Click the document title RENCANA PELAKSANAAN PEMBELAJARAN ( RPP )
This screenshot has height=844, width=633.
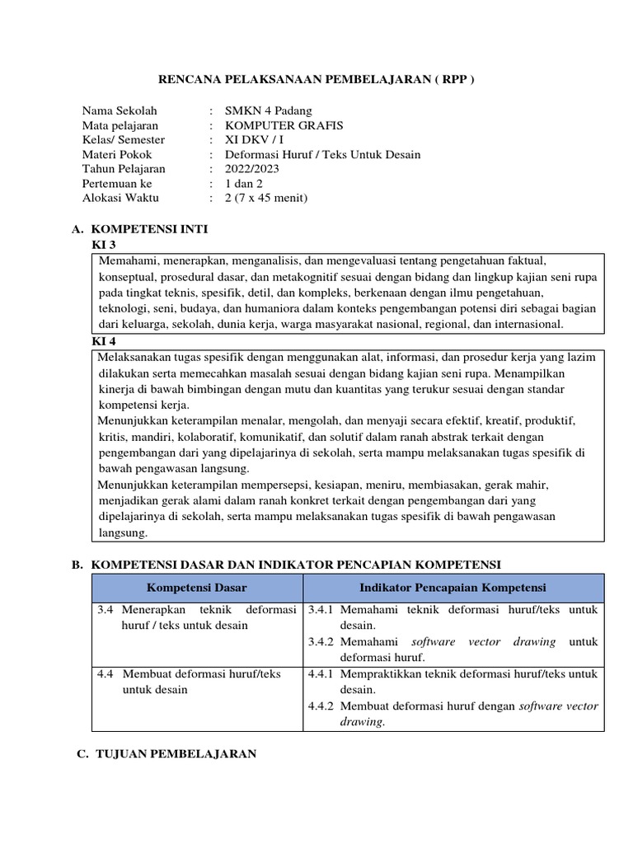(x=316, y=79)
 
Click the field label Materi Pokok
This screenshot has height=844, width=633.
(x=117, y=154)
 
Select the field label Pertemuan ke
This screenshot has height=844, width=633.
(x=117, y=183)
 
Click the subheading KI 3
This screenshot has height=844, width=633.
(x=103, y=245)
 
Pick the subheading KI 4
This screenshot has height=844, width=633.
(x=103, y=340)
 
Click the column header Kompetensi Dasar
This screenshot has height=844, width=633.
(x=196, y=588)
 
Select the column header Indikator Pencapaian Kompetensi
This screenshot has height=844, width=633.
(x=452, y=588)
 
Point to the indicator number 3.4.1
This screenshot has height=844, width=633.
(x=321, y=610)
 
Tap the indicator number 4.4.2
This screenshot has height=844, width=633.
(x=321, y=706)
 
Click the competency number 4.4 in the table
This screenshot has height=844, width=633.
(x=105, y=673)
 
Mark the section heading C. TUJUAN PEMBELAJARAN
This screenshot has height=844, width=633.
(x=164, y=753)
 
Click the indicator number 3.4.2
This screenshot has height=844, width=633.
(x=321, y=641)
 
